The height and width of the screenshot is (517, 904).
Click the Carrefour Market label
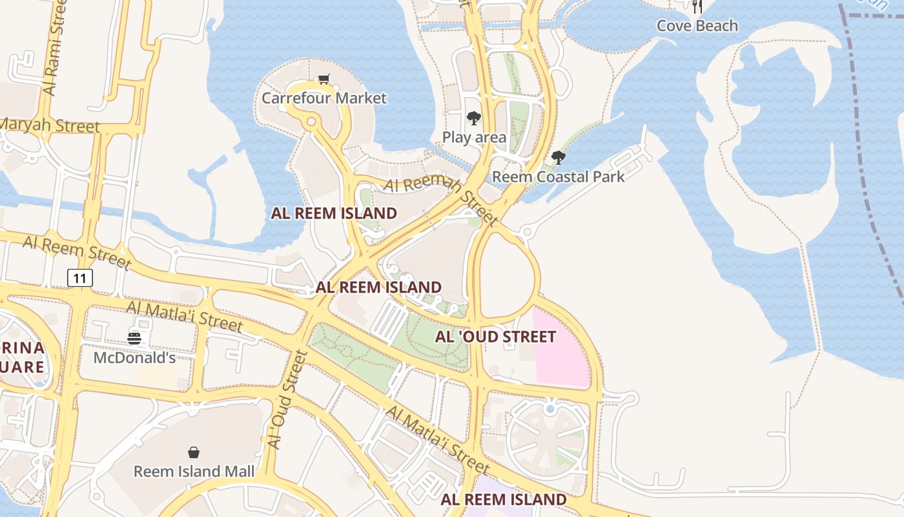(324, 98)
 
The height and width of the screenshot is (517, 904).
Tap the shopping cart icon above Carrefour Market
(324, 79)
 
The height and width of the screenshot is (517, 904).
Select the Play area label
(474, 137)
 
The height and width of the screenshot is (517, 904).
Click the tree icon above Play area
(474, 118)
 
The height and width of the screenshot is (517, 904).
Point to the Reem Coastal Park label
(559, 176)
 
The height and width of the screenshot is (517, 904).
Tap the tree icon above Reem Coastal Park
(559, 157)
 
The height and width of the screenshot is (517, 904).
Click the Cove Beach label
(697, 26)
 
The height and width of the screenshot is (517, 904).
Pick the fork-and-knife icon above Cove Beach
(697, 6)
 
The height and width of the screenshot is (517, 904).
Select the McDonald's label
(134, 357)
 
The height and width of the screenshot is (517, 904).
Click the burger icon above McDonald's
(134, 337)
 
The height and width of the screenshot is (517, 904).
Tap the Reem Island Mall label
(194, 471)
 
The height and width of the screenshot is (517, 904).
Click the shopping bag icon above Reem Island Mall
(194, 452)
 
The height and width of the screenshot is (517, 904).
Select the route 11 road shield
(80, 279)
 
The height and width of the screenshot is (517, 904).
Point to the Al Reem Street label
(77, 252)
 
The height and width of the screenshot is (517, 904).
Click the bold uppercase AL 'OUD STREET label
(495, 337)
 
